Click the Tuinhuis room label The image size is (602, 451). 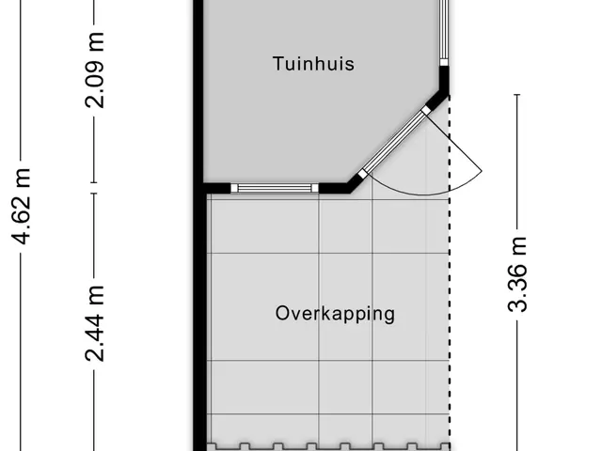[313, 64]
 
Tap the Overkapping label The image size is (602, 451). [335, 314]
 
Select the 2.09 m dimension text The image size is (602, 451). [94, 70]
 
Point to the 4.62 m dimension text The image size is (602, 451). [21, 206]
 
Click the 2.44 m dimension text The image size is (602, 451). [94, 323]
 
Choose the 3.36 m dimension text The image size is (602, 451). [517, 274]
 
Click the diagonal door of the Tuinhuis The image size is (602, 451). [395, 143]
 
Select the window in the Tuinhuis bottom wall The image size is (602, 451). [274, 188]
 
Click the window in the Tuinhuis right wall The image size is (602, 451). [444, 33]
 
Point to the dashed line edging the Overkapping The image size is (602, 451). [450, 272]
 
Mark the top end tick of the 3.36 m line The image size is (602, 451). [517, 94]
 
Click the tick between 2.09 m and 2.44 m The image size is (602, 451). [94, 188]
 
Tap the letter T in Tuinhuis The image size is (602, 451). [278, 64]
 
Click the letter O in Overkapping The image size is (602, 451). [282, 313]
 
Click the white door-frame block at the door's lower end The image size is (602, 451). [362, 175]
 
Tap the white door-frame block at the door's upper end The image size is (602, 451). [426, 111]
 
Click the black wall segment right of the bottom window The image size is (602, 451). [333, 188]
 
